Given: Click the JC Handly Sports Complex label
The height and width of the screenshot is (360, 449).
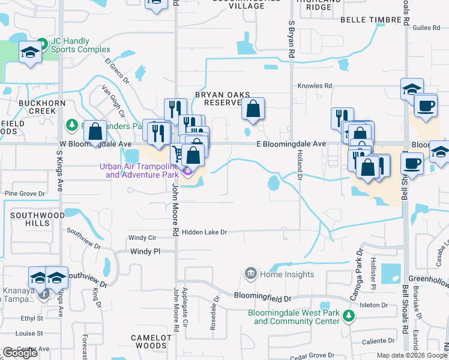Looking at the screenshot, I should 77,44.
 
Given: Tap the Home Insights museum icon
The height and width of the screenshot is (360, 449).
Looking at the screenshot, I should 249,274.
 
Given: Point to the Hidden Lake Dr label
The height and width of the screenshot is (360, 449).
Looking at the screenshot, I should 205,232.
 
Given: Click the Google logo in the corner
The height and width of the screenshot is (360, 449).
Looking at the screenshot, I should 20,353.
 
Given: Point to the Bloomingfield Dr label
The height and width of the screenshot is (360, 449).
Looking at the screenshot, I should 262,298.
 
